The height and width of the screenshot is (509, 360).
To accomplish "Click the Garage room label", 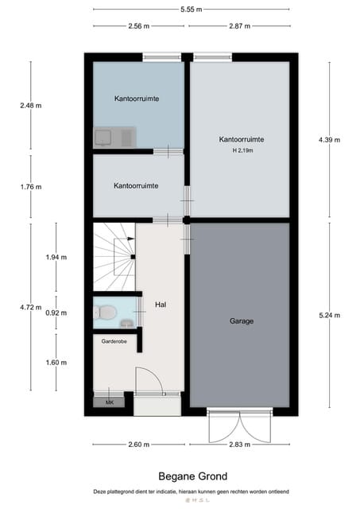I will click(242, 321).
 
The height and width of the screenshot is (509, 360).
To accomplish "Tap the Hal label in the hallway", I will click(160, 304).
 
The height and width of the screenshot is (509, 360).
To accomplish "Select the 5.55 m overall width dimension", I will click(191, 10).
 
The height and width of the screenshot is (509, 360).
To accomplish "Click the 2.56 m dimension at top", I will click(138, 26).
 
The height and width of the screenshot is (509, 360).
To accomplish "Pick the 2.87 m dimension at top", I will click(239, 26).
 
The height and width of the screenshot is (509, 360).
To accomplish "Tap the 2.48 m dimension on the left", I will click(31, 105).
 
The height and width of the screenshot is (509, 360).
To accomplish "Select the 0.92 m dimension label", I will click(56, 313).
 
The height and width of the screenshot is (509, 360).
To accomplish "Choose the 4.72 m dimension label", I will click(31, 307).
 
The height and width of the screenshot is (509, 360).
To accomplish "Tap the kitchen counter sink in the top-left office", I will click(103, 137).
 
